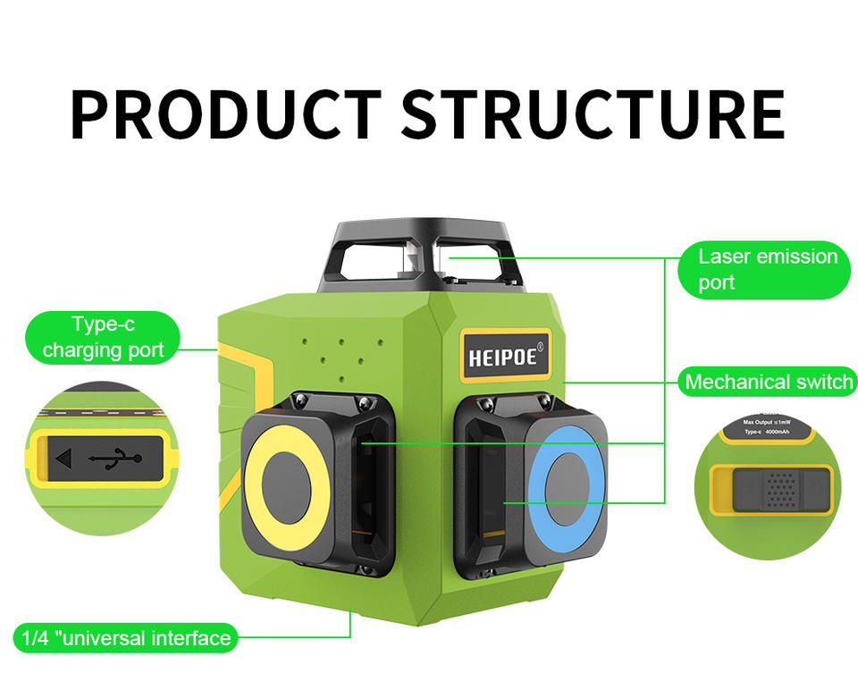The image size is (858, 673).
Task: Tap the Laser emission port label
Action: pyautogui.click(x=768, y=270)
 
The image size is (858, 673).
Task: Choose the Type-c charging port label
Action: pyautogui.click(x=103, y=337)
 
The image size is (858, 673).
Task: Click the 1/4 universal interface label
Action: pyautogui.click(x=126, y=638)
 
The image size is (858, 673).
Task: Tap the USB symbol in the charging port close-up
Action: pyautogui.click(x=114, y=459)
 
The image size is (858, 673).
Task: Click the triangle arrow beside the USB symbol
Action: pyautogui.click(x=63, y=459)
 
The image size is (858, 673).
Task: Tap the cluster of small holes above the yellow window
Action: pyautogui.click(x=342, y=352)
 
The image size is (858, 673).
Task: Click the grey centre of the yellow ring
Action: pyautogui.click(x=287, y=484)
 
